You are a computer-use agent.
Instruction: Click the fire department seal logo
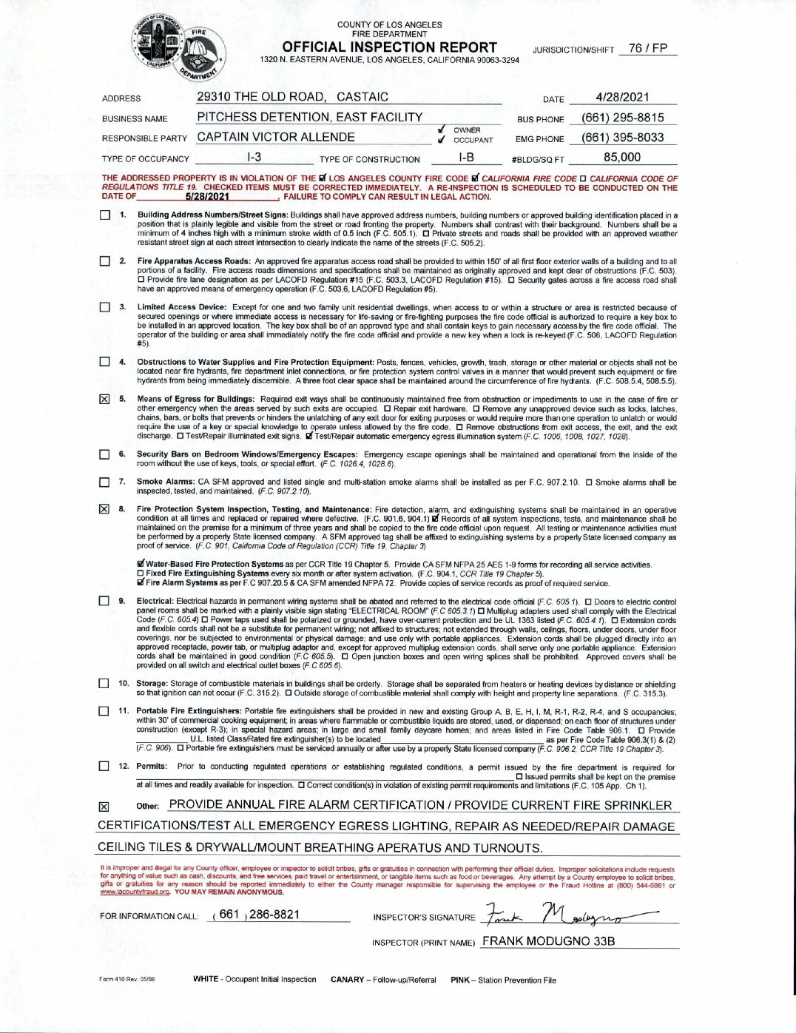180,47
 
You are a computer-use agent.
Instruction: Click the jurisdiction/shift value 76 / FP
647,49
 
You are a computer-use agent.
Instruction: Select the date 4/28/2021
622,97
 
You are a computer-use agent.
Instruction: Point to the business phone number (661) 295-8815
623,118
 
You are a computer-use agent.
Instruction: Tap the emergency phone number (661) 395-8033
623,138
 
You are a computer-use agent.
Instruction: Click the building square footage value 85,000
622,158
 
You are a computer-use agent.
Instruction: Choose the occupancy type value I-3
254,158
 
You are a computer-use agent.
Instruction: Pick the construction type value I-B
466,158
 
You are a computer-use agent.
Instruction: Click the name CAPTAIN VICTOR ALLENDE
276,138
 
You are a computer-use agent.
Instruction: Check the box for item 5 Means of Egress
104,400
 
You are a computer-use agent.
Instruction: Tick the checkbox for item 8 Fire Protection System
104,509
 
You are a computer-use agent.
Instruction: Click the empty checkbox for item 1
104,215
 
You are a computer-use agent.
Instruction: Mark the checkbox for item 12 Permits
104,767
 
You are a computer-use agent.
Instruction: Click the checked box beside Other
104,807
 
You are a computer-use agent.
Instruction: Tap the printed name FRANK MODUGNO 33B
548,941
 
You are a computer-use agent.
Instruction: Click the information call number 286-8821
274,915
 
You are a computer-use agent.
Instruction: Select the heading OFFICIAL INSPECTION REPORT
389,47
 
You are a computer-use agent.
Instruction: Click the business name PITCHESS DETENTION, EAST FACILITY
309,118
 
